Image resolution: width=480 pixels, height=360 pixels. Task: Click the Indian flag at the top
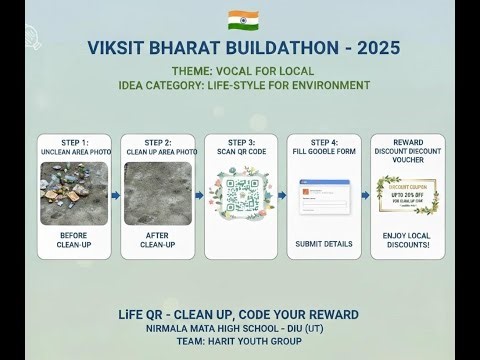240,19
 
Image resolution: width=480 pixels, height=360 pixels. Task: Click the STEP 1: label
75,143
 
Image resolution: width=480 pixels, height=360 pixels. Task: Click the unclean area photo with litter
75,193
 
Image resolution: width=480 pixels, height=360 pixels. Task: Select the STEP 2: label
158,143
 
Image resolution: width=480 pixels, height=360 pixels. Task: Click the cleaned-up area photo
158,193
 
